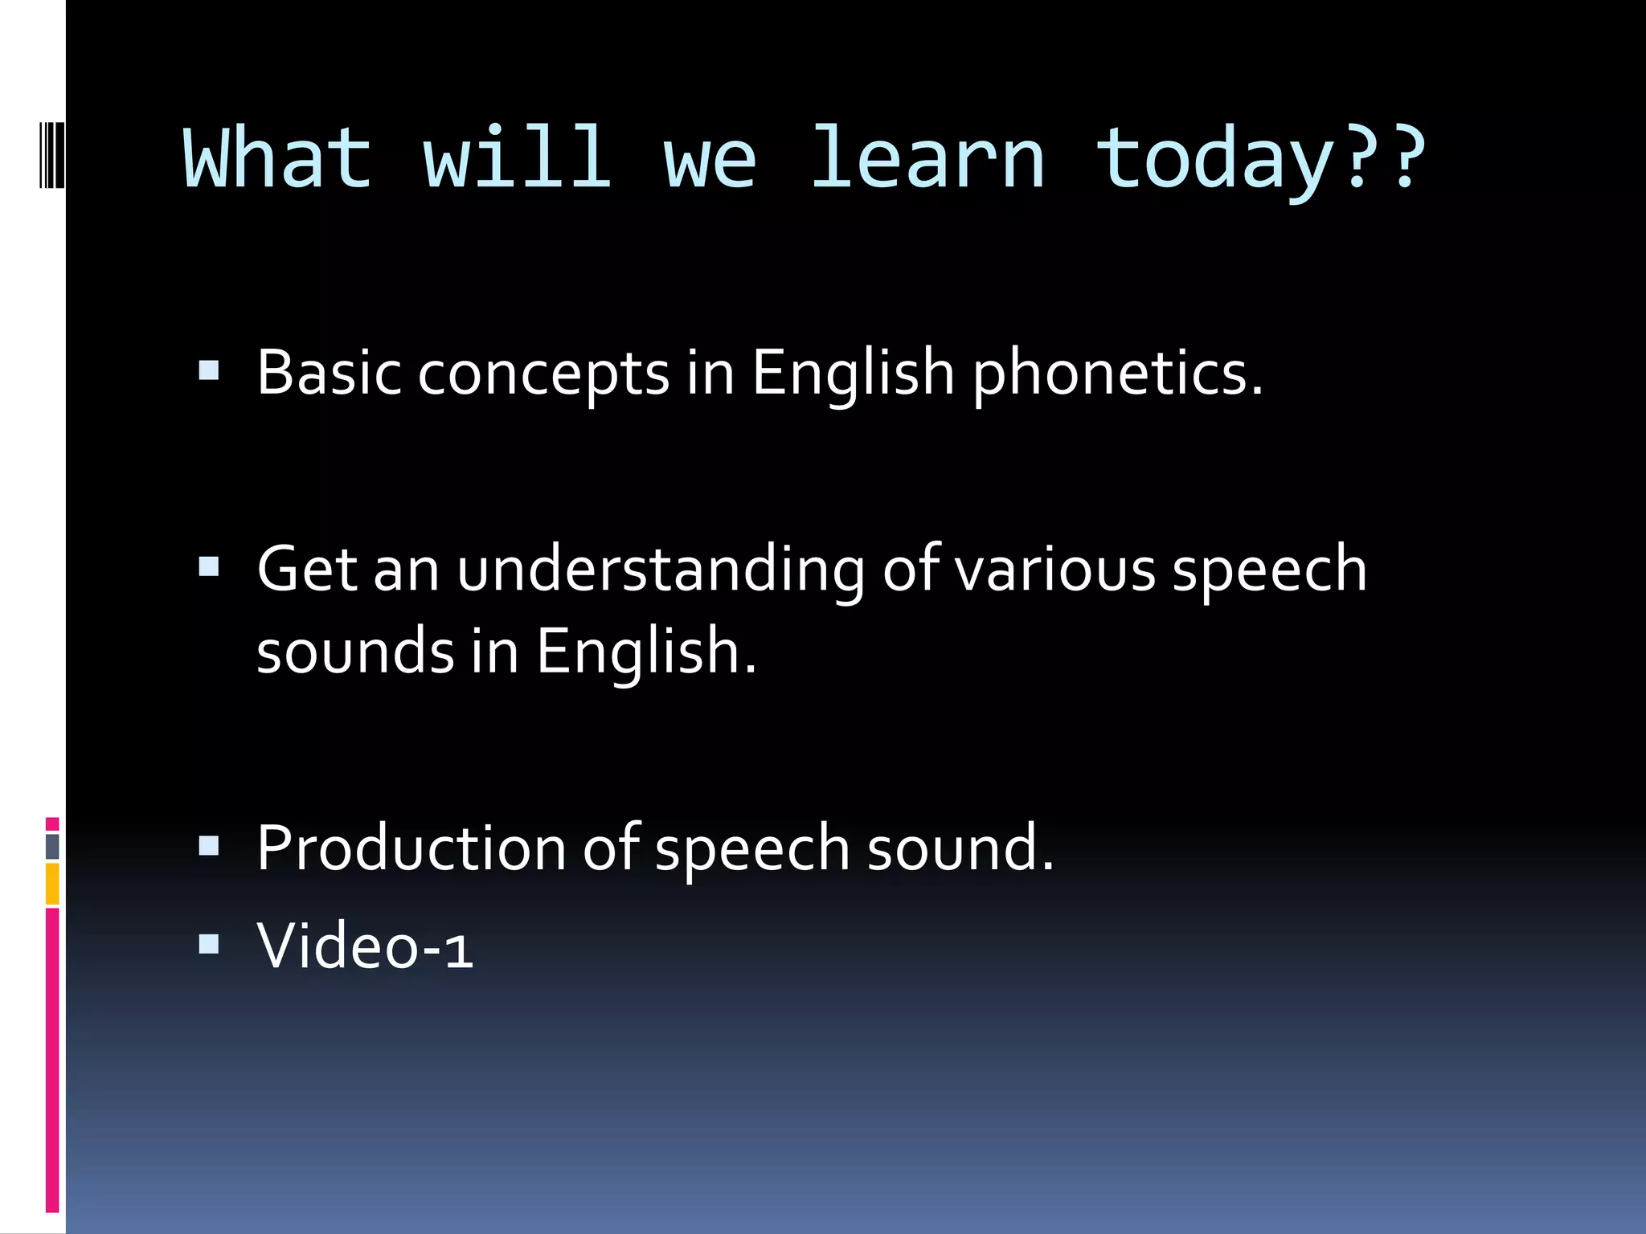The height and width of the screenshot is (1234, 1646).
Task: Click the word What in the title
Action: click(x=277, y=158)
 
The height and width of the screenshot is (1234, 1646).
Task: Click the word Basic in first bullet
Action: click(x=329, y=373)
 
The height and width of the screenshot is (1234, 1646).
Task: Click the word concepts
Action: click(x=543, y=376)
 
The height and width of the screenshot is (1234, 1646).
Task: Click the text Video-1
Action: click(x=365, y=946)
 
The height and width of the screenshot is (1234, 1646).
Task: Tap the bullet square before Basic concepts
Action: click(x=209, y=370)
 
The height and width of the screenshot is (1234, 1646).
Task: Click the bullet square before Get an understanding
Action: click(x=209, y=567)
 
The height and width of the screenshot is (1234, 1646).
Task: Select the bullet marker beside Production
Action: click(x=209, y=845)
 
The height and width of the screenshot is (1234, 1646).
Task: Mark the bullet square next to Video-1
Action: click(x=209, y=943)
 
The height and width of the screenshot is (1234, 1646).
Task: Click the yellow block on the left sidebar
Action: click(x=52, y=884)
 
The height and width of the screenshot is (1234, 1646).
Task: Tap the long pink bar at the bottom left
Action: click(x=52, y=1060)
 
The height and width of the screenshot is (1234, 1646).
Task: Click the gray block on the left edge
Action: click(x=52, y=846)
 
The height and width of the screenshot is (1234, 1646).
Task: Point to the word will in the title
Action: click(x=517, y=158)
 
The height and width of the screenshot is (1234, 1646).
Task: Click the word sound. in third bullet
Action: click(x=960, y=848)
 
